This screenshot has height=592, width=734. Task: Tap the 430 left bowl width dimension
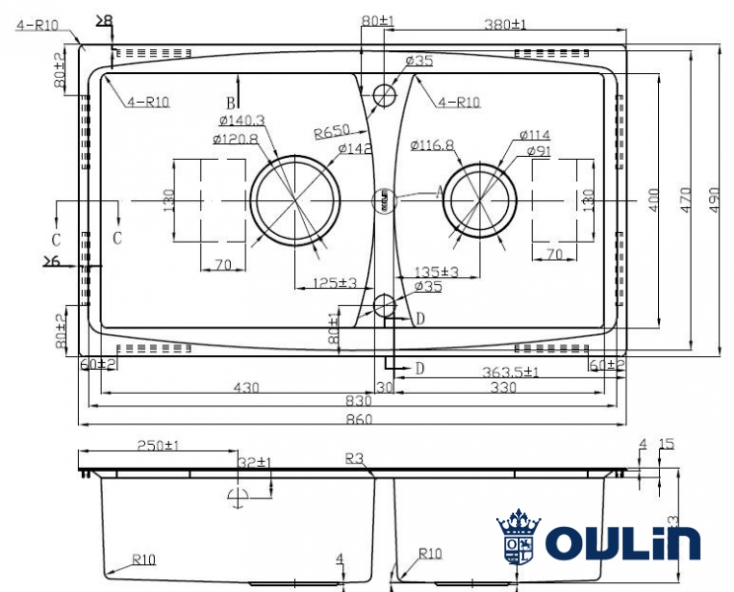tap(246, 388)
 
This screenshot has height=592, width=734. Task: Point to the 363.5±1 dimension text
tap(512, 372)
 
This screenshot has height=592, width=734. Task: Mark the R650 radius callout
tap(333, 132)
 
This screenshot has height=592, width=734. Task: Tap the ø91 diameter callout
tap(539, 151)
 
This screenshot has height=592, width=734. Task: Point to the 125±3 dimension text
tap(333, 283)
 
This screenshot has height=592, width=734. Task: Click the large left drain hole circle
tap(293, 200)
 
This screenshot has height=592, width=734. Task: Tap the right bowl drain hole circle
tap(478, 200)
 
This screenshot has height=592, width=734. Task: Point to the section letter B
tap(230, 103)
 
